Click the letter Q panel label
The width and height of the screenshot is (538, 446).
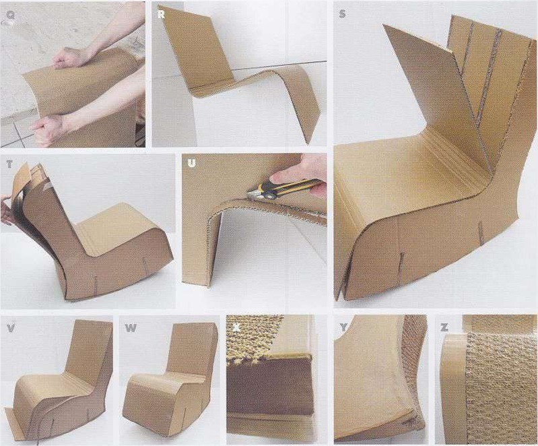[10, 15]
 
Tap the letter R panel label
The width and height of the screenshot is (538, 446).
[160, 15]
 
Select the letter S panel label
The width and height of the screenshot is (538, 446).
[342, 14]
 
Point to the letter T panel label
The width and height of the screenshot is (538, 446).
[9, 164]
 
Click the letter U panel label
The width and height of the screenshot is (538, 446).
[191, 164]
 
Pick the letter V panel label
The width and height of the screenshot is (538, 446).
[11, 328]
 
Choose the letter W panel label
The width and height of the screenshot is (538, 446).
[131, 328]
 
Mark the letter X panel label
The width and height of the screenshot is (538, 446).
[236, 327]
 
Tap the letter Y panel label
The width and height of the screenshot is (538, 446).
[343, 327]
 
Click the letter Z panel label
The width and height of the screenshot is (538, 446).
[444, 327]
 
